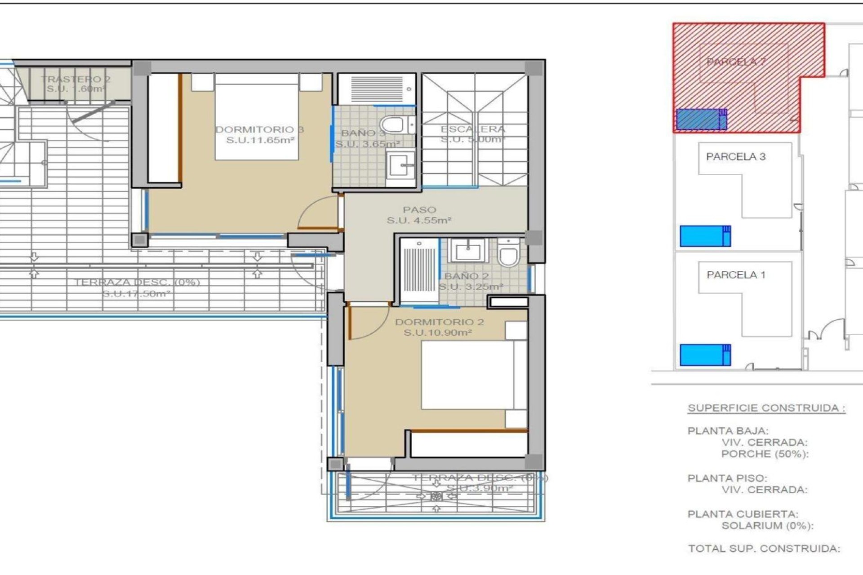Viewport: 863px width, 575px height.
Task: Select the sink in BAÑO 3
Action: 400,165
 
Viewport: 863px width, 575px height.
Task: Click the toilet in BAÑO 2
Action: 508,253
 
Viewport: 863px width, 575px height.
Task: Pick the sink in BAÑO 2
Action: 468,251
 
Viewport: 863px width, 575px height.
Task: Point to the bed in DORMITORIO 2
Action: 467,375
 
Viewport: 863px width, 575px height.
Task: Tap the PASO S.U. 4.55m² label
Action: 419,215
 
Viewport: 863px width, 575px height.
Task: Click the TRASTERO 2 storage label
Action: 76,84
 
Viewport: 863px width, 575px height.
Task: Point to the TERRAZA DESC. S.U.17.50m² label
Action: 137,288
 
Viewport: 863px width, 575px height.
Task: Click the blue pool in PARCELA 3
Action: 704,236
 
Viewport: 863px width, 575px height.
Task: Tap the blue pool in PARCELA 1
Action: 704,355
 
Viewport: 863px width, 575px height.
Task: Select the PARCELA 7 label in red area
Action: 736,62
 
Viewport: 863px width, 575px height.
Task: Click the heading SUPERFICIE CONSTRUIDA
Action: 766,408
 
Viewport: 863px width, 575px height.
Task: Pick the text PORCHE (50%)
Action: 765,454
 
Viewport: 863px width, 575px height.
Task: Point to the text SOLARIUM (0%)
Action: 767,526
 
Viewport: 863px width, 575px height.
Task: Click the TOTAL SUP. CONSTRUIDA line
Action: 764,548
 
